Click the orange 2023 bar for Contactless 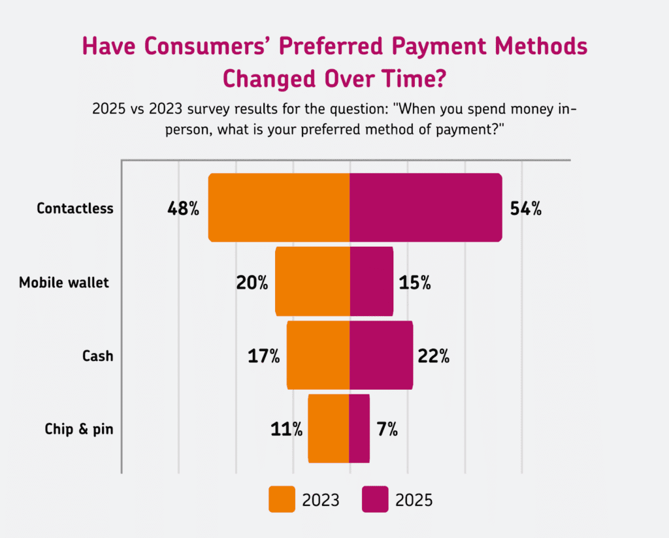(279, 208)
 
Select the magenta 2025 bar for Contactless (426, 208)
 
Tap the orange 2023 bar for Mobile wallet (312, 281)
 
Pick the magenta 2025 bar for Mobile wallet (372, 281)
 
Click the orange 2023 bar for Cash (318, 355)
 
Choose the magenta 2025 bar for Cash (382, 355)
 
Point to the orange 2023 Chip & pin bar (329, 428)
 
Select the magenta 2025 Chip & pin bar (360, 428)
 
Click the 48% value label (183, 209)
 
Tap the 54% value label (525, 209)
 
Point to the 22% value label (433, 356)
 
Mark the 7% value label (387, 429)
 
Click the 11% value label (286, 429)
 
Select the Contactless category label (75, 209)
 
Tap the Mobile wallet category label (63, 283)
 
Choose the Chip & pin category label (79, 429)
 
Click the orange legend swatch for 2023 (282, 500)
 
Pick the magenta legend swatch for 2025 (375, 500)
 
